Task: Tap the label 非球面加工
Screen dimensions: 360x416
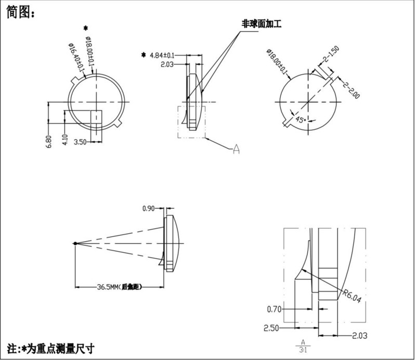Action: pos(258,23)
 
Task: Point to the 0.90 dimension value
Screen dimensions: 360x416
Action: pos(149,209)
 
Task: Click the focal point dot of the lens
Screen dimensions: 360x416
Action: pos(76,243)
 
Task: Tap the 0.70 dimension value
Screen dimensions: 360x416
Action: pos(274,309)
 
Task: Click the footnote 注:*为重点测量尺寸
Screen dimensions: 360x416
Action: pos(51,346)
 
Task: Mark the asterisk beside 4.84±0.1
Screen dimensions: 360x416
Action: pos(144,55)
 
